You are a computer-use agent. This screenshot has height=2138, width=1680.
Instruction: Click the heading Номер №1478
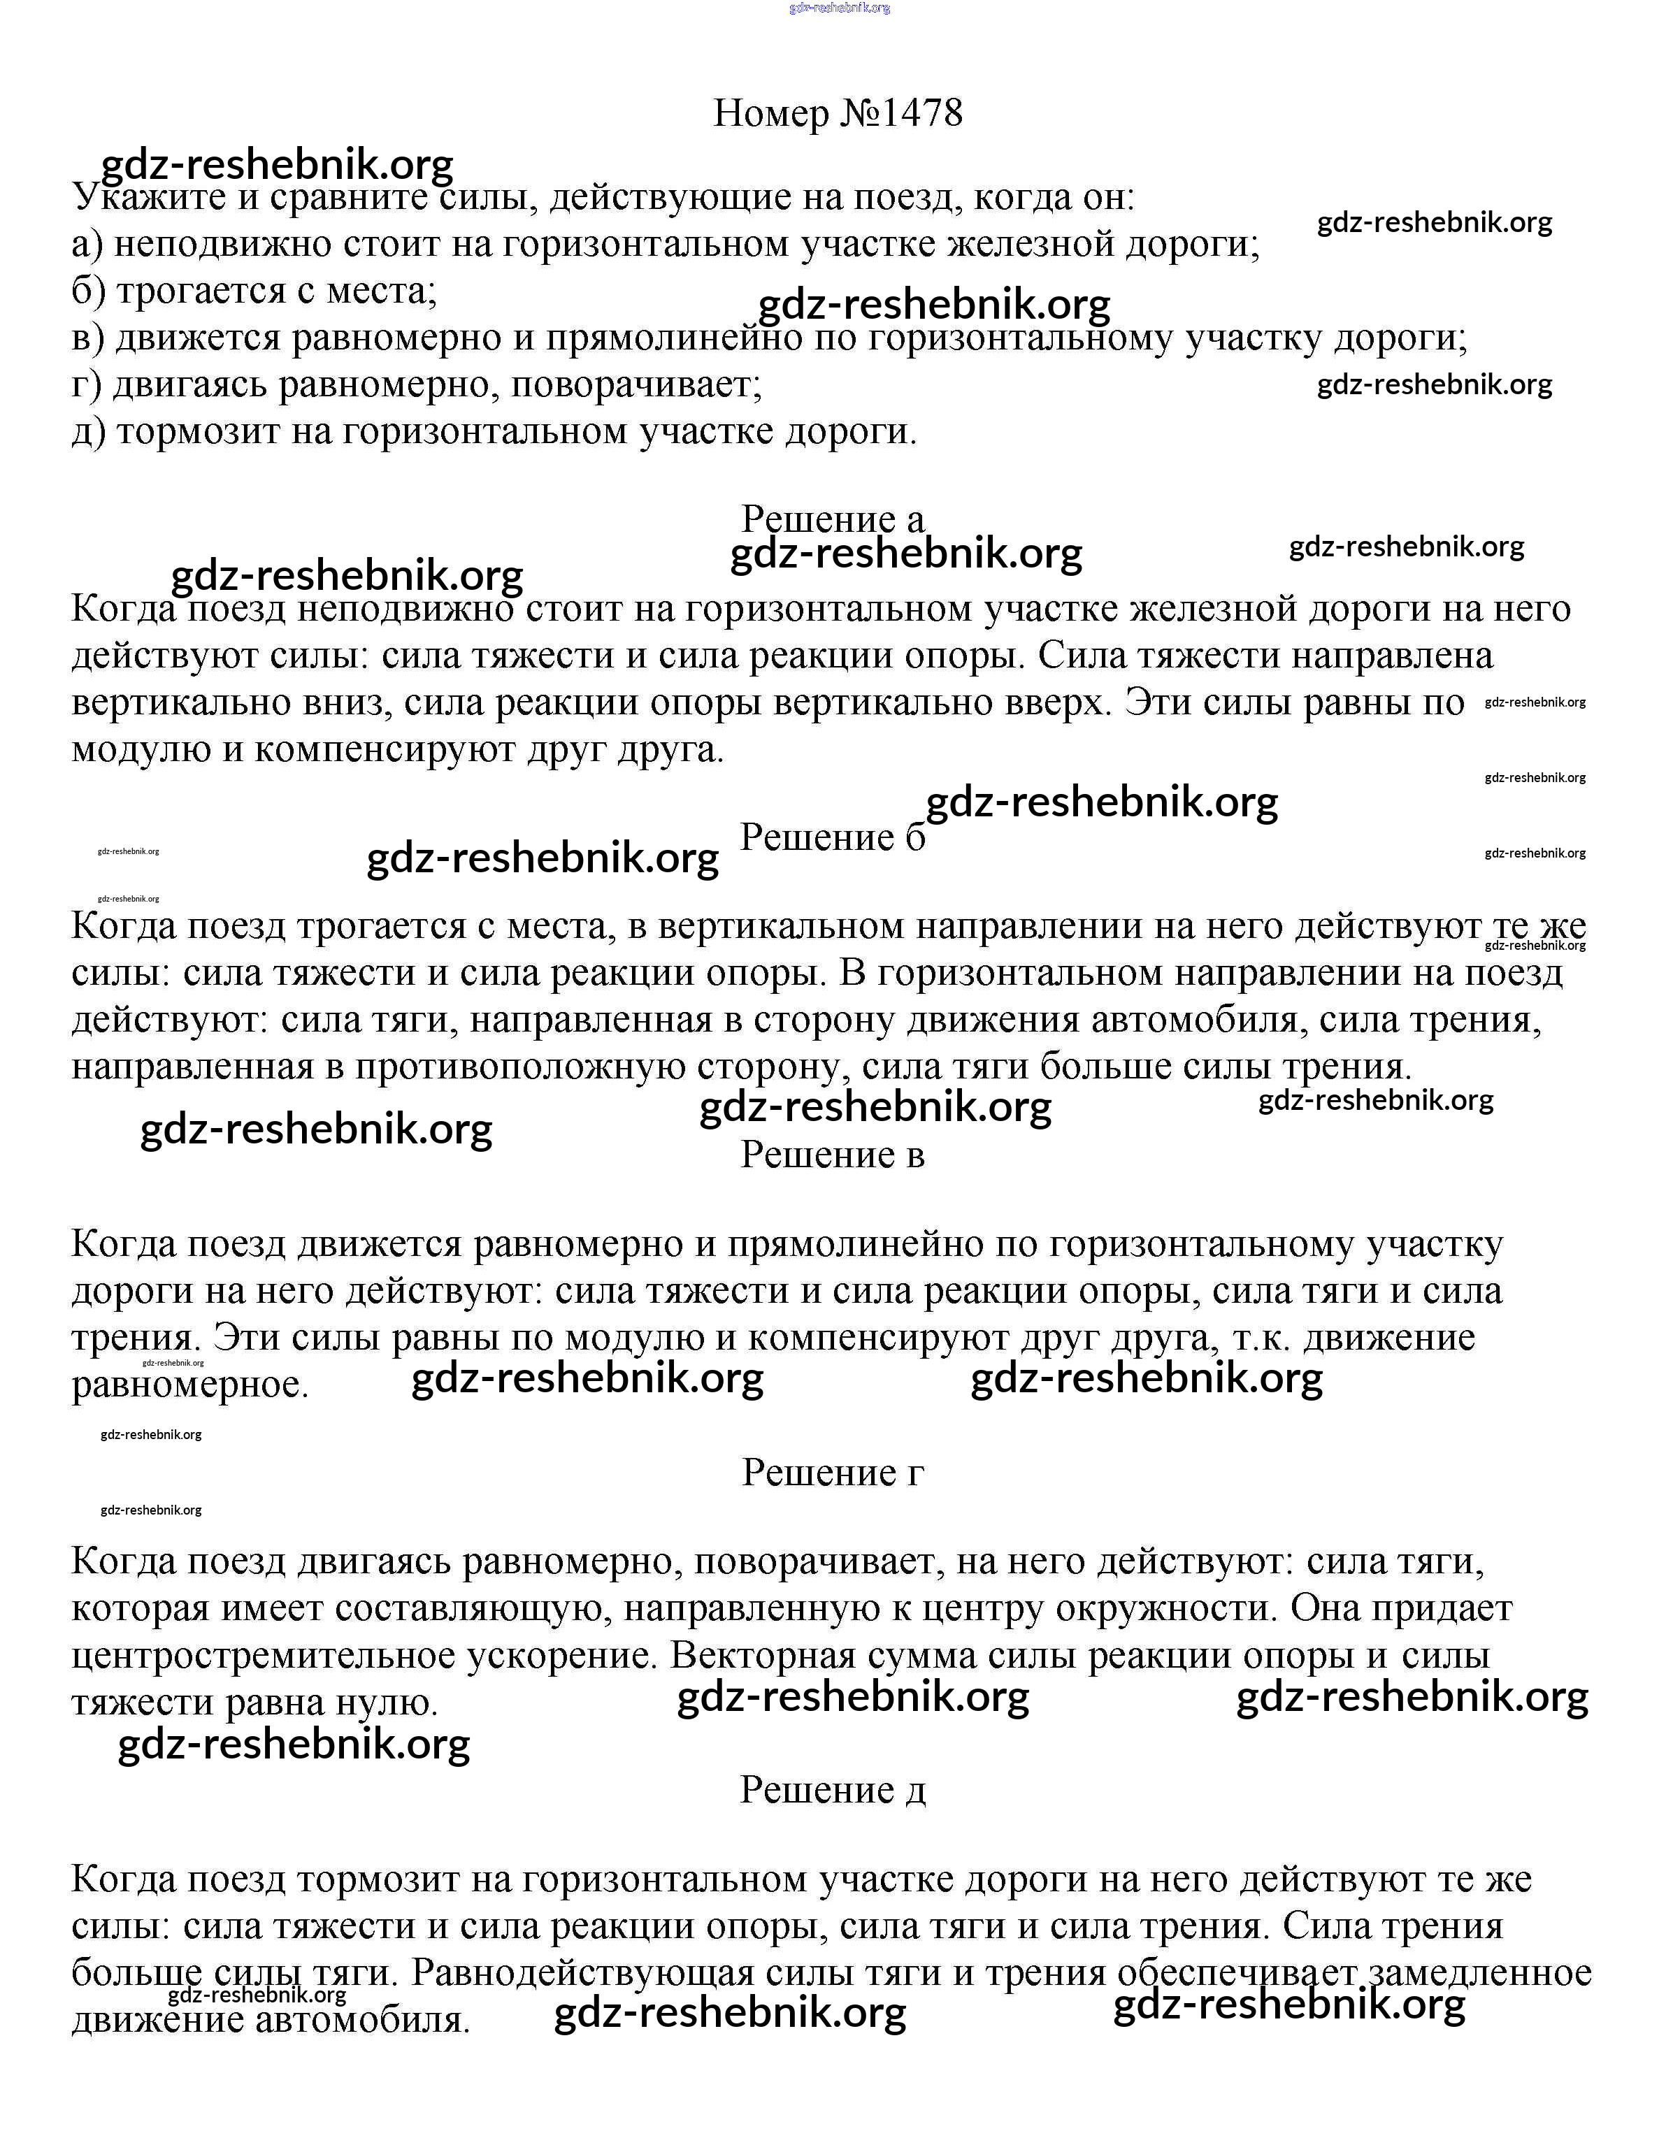[838, 114]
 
